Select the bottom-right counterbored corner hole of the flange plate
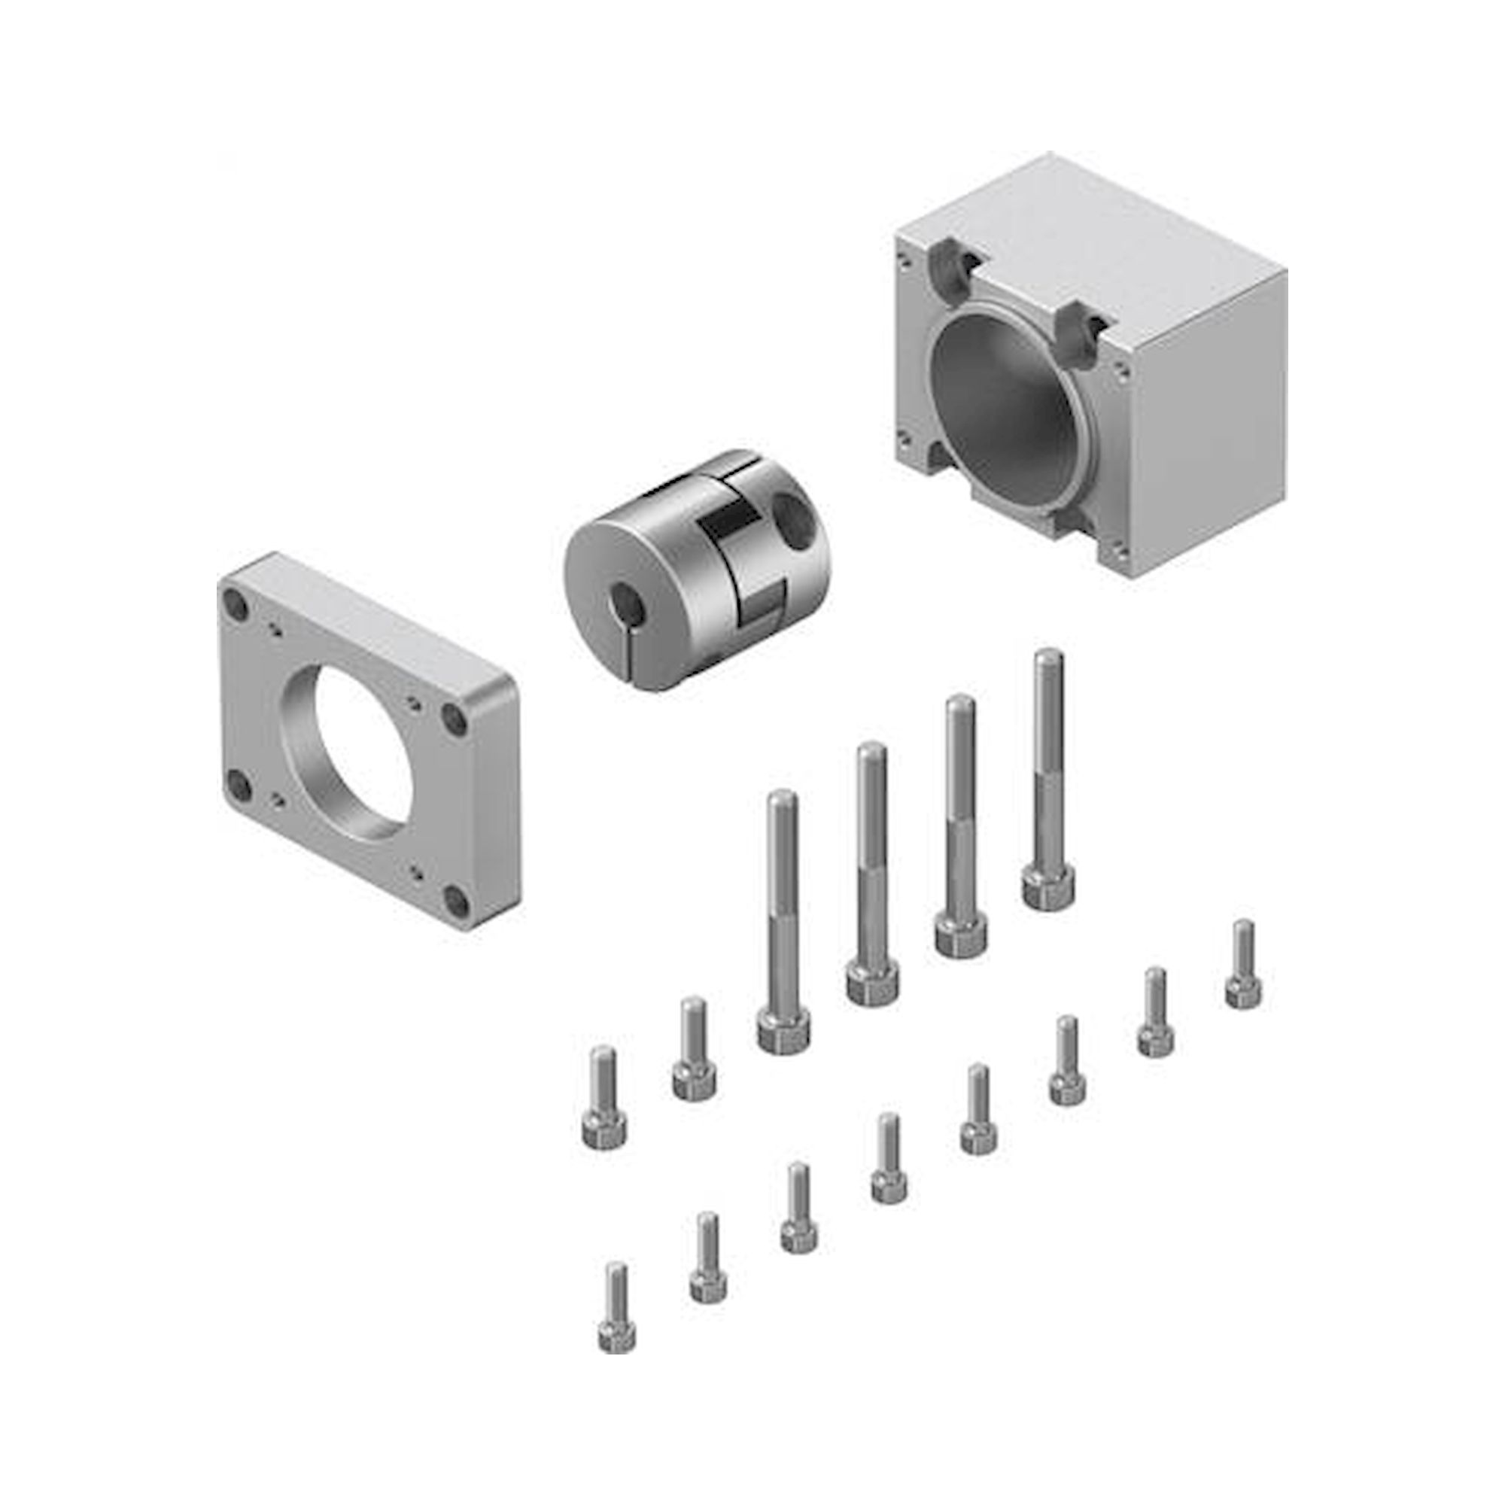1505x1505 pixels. (460, 902)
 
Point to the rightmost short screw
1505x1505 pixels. (1243, 966)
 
